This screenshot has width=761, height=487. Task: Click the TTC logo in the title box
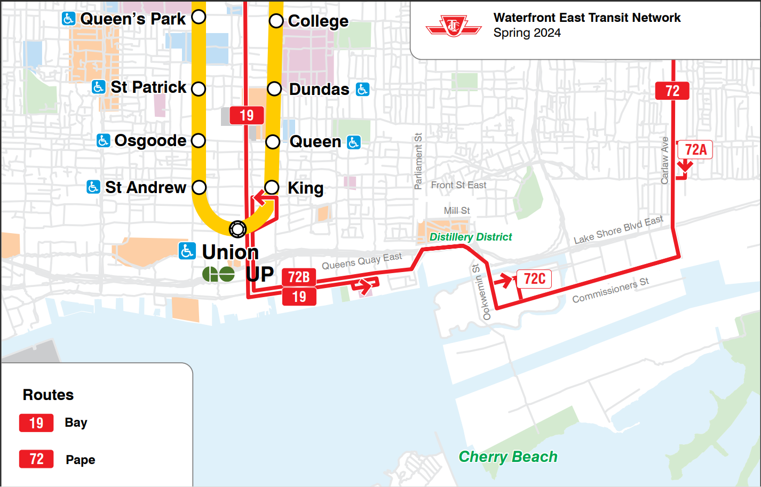[x=453, y=26]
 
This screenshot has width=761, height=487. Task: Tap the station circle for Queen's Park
[x=199, y=17]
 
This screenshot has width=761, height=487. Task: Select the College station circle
[x=276, y=21]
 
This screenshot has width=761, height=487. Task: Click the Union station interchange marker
[x=237, y=229]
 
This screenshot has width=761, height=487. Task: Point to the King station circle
[x=272, y=187]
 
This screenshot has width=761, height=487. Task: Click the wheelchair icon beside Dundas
[x=362, y=89]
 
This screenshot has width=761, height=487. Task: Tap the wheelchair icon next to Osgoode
[x=103, y=140]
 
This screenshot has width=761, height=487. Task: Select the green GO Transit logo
[x=218, y=274]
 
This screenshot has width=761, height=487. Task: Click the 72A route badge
[x=695, y=150]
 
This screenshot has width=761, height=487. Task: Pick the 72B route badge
[x=299, y=277]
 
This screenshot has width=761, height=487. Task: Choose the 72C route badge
[x=534, y=279]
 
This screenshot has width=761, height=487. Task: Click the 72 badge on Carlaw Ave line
[x=672, y=91]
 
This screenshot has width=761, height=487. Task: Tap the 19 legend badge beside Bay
[x=36, y=423]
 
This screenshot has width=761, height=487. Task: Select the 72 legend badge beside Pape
[x=36, y=459]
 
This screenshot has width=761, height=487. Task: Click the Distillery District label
[x=471, y=237]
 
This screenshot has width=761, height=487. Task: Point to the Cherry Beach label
[x=508, y=457]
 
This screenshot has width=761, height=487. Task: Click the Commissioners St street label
[x=611, y=290]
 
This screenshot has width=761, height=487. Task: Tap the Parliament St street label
[x=418, y=161]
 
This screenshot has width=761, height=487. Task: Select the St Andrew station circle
[x=199, y=187]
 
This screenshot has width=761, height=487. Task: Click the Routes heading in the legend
[x=48, y=395]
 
